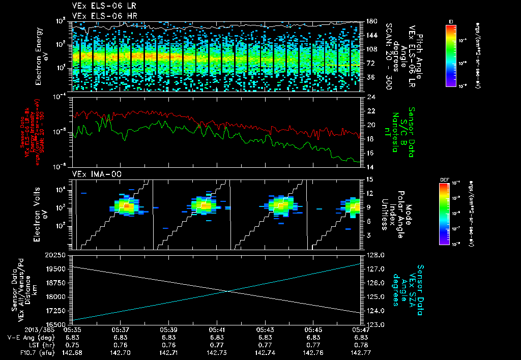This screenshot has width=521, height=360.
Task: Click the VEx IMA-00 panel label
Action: point(92,174)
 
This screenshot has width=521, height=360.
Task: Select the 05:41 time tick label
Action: point(217,329)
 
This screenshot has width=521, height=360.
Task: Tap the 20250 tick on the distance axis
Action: point(54,255)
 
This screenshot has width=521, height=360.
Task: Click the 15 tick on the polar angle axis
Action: point(369,179)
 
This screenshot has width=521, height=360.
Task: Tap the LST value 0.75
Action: point(72,344)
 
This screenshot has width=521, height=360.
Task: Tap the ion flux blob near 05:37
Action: point(125,206)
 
